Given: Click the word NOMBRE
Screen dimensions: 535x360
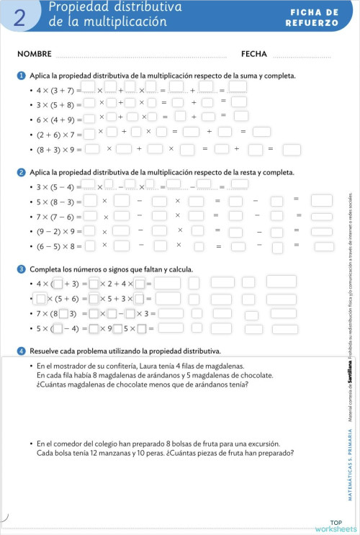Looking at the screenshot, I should pos(34,54).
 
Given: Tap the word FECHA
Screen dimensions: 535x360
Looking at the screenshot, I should pos(254,54).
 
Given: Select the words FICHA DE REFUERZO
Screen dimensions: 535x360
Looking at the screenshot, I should pos(314,18).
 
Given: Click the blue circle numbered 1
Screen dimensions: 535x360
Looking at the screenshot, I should pos(22,76).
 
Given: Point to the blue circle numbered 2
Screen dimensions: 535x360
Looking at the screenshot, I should pos(22,173).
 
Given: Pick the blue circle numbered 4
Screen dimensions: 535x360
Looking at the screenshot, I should pos(22,351).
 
